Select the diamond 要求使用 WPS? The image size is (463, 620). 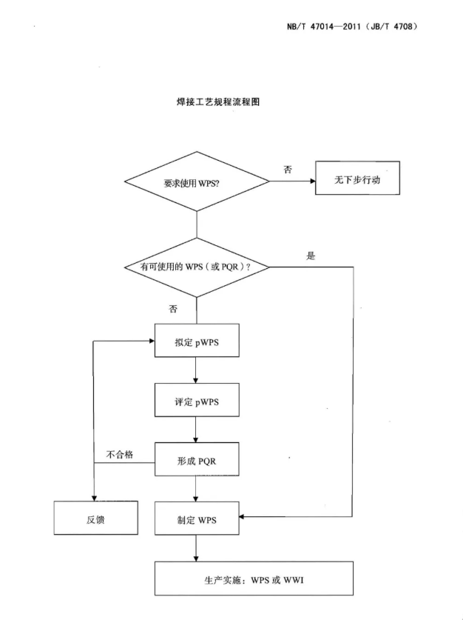(x=197, y=181)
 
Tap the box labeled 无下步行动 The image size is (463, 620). (x=357, y=179)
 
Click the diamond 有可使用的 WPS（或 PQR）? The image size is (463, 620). (x=197, y=268)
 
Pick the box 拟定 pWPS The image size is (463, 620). (x=197, y=343)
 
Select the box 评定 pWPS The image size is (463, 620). (x=197, y=401)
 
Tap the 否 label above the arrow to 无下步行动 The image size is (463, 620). (x=288, y=170)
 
